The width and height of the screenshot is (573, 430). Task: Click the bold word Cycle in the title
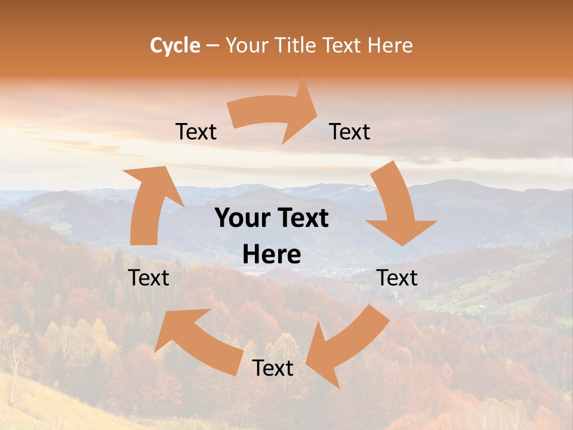[175, 45]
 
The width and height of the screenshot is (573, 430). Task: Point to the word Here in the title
[388, 45]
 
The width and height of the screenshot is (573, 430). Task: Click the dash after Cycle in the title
[212, 45]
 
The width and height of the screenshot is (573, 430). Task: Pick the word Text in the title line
[342, 45]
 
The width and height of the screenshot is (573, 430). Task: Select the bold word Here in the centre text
[272, 255]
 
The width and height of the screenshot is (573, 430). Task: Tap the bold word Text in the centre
[302, 219]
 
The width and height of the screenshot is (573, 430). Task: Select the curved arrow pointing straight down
[397, 206]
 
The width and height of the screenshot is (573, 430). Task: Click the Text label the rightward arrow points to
[350, 131]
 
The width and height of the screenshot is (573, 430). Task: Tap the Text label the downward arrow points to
[398, 278]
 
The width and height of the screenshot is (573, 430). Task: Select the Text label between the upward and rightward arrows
[196, 131]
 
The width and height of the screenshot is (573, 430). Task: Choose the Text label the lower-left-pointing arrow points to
[273, 368]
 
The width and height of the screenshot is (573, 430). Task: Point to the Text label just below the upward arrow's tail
[149, 278]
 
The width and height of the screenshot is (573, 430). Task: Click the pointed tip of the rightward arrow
[316, 109]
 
